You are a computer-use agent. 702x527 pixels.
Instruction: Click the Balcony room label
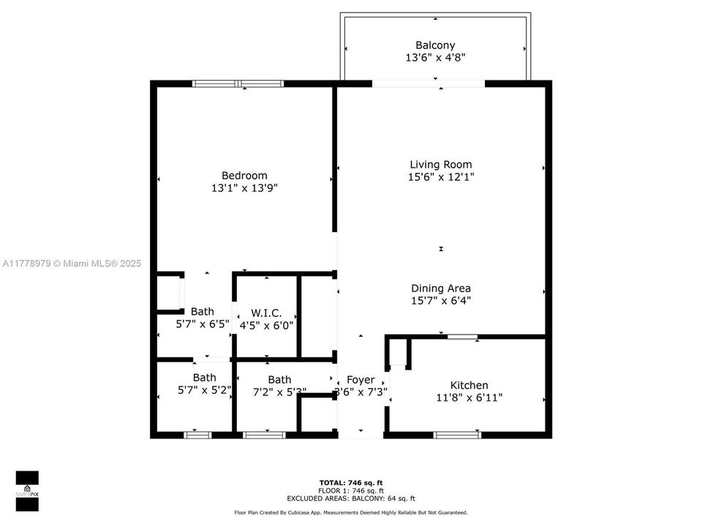click(435, 45)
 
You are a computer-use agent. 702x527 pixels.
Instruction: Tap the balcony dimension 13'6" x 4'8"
click(435, 57)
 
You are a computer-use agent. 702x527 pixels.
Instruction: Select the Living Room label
click(440, 165)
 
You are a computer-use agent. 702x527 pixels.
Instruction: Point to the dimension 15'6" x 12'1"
click(440, 177)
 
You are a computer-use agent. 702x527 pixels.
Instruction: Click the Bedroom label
click(244, 176)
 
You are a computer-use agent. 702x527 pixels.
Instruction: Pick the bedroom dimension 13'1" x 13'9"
click(244, 188)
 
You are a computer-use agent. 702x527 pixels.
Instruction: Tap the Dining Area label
click(440, 288)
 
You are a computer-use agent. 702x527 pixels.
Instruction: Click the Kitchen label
click(469, 386)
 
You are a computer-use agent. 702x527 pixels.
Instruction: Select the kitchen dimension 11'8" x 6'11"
click(469, 398)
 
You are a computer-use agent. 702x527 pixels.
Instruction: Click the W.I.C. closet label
click(266, 313)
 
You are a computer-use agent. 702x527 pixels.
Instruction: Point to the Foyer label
click(361, 380)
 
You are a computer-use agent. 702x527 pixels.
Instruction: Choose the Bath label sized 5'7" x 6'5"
click(203, 312)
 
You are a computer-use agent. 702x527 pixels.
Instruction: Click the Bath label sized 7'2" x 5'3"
click(279, 380)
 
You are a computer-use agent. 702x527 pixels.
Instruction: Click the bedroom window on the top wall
click(238, 83)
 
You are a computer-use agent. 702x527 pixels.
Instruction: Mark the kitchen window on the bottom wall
click(457, 435)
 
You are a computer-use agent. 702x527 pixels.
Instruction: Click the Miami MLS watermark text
click(72, 263)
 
